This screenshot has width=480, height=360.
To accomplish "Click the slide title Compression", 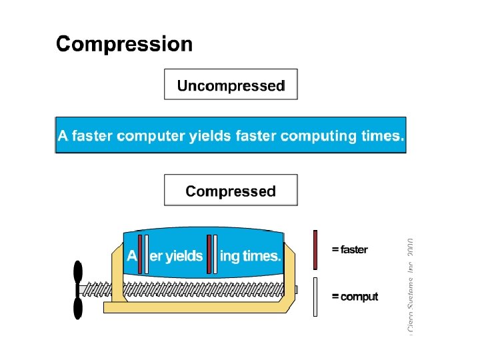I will click(125, 45).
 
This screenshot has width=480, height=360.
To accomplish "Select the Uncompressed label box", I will click(231, 85).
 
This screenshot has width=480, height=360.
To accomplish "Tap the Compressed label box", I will click(231, 191).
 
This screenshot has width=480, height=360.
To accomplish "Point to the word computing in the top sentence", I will click(319, 136).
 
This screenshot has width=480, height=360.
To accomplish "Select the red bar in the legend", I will click(315, 250).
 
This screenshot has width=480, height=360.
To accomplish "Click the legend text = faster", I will click(349, 250).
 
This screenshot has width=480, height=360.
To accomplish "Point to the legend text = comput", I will click(355, 297).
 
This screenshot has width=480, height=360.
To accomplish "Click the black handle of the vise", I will click(78, 289).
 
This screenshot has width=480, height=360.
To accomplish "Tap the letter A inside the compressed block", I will click(131, 256).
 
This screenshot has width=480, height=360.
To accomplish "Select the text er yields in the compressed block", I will click(176, 256).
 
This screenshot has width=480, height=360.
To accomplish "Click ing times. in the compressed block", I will click(250, 256).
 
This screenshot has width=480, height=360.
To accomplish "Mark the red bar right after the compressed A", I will click(140, 253).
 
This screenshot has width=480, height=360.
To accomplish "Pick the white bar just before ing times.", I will click(215, 253).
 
